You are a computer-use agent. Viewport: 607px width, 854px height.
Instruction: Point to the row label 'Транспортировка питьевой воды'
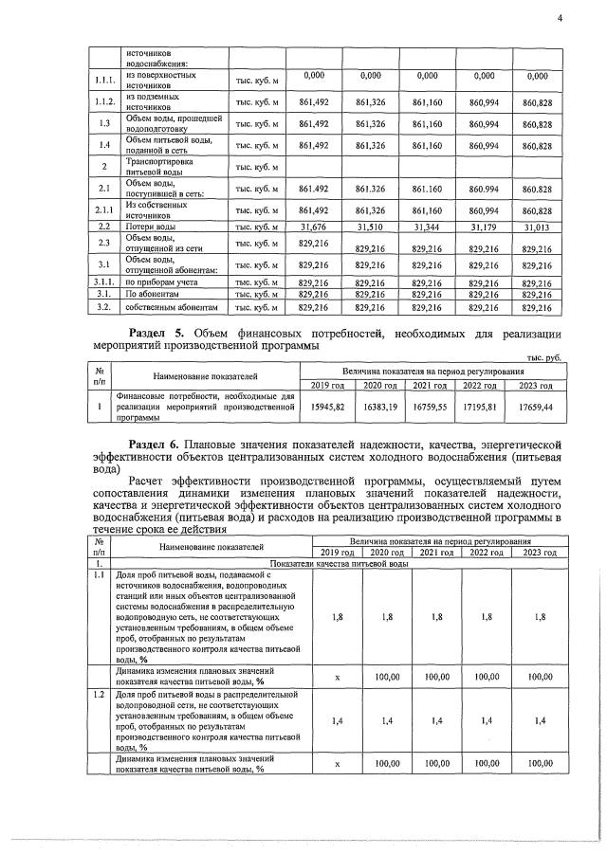pyautogui.click(x=160, y=168)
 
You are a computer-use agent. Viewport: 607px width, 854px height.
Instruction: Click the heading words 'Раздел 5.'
pyautogui.click(x=160, y=333)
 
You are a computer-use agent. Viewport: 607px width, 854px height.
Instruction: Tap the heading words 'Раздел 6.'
pyautogui.click(x=160, y=442)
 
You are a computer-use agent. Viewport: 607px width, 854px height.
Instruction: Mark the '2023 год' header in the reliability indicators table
pyautogui.click(x=539, y=553)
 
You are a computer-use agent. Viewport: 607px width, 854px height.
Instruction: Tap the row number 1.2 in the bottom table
pyautogui.click(x=98, y=695)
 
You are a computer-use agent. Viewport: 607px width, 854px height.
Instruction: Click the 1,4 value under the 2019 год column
pyautogui.click(x=340, y=721)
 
